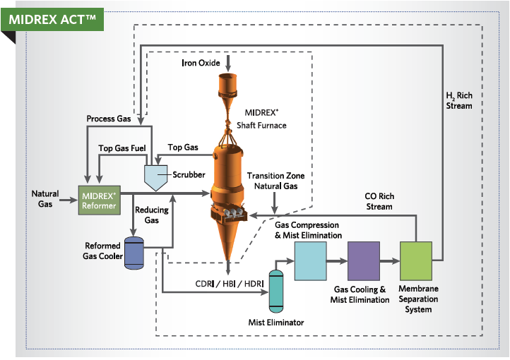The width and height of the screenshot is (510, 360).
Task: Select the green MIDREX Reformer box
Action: (98, 198)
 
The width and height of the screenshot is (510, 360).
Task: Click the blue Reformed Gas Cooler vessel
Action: (134, 253)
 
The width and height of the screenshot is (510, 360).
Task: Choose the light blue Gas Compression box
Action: (309, 262)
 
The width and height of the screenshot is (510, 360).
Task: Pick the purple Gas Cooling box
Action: (363, 262)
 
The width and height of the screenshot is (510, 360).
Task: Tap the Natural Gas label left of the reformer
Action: (46, 198)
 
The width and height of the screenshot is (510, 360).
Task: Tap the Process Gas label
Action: (108, 119)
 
